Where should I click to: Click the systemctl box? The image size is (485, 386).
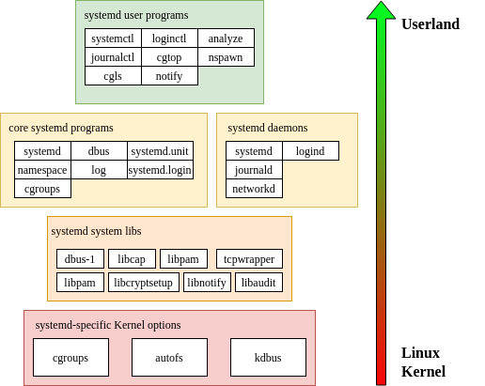pos(113,39)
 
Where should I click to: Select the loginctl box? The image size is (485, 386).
pos(169,39)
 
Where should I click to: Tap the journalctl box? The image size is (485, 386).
pos(113,56)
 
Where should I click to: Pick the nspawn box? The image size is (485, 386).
pos(226,56)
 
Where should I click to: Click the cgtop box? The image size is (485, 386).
pos(169,56)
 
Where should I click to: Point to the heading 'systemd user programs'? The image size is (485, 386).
pos(136,15)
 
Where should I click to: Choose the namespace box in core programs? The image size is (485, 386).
pos(42,170)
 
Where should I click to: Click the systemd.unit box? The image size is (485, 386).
pos(160,151)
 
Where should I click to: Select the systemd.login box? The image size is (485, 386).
pos(160,170)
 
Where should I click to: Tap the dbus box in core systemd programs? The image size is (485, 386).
pos(99,151)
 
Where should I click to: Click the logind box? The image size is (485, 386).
pos(310,151)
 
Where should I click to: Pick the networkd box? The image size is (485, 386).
pos(254,189)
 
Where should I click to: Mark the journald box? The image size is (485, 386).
pos(254,170)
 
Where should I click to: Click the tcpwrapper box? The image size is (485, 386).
pos(249,259)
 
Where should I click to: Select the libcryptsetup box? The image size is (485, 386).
pos(143,283)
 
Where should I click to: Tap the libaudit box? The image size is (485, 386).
pos(258,283)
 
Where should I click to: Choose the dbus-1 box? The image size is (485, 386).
pos(80,259)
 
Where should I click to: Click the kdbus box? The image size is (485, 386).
pos(268,358)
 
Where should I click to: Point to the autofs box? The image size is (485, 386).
pos(169,358)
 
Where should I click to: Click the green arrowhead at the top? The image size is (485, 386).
pos(381,10)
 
